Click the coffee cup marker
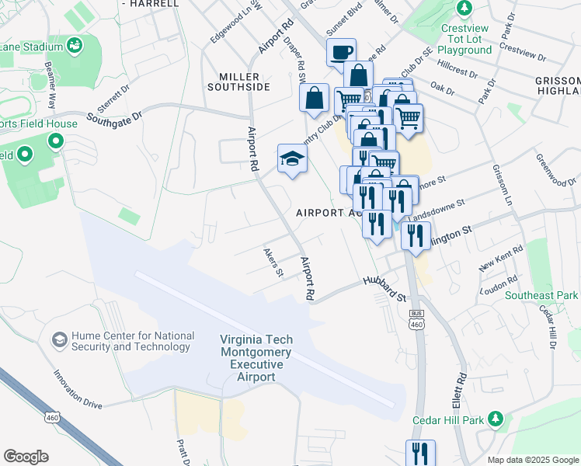coord(341,53)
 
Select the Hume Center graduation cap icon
coord(59,340)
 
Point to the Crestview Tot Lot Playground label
coord(466,38)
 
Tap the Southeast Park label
coord(541,295)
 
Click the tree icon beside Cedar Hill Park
coord(496,420)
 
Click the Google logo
coord(26,457)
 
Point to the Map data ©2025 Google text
coord(532,460)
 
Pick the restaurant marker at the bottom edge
coord(419,453)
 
